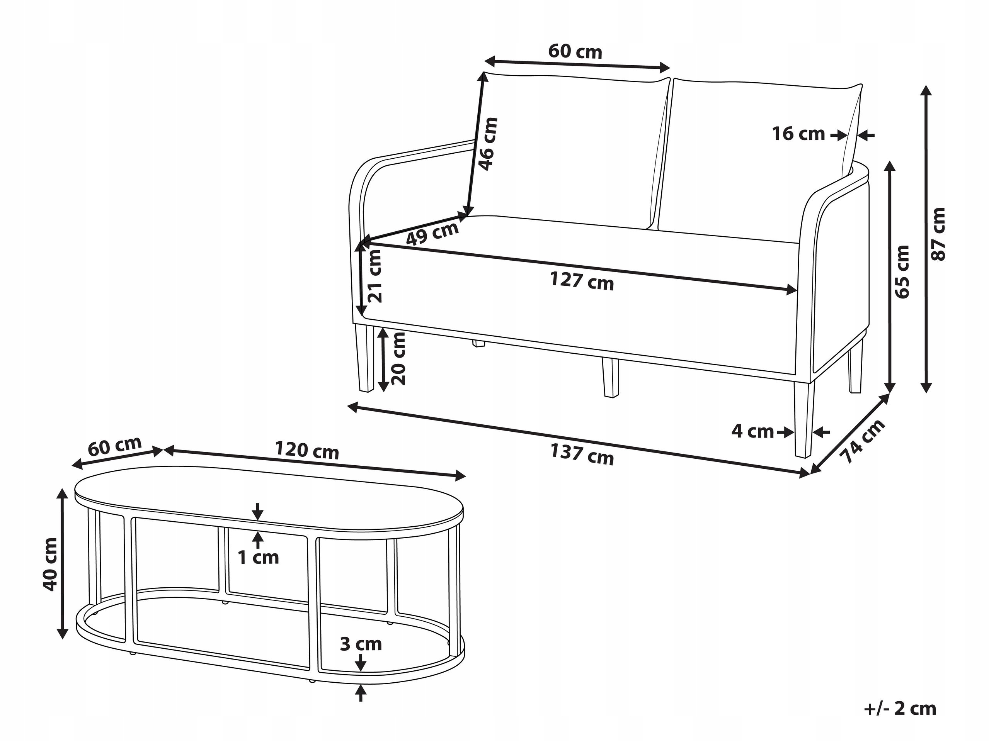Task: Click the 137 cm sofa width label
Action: [x=582, y=454]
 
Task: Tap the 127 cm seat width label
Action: [x=582, y=281]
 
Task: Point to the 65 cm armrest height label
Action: [x=902, y=271]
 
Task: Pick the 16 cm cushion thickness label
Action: [x=798, y=134]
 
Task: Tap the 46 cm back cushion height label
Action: [x=488, y=144]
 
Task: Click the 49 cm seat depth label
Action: [x=432, y=233]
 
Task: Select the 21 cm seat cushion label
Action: [x=374, y=276]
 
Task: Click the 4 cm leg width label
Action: [x=752, y=431]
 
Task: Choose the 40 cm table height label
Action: [x=50, y=565]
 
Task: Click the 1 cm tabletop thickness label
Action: [x=258, y=558]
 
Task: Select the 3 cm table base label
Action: [x=361, y=644]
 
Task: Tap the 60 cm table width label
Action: [x=114, y=446]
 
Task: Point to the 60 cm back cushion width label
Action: [x=575, y=52]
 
